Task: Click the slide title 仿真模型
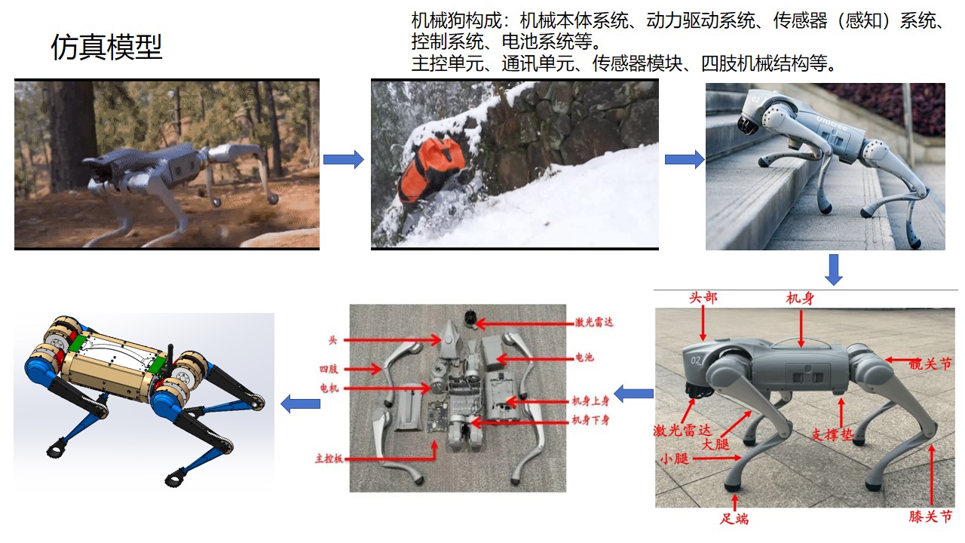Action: pyautogui.click(x=106, y=47)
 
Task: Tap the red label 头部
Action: pyautogui.click(x=703, y=298)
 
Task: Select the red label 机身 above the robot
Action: pyautogui.click(x=800, y=298)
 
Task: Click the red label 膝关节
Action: pyautogui.click(x=930, y=516)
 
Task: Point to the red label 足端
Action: pyautogui.click(x=734, y=518)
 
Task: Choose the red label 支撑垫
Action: pyautogui.click(x=832, y=434)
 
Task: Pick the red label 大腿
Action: pyautogui.click(x=715, y=444)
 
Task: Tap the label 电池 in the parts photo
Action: pyautogui.click(x=584, y=357)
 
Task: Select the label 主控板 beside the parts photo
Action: pyautogui.click(x=329, y=459)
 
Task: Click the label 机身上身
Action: pyautogui.click(x=590, y=401)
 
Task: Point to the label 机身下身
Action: pyautogui.click(x=590, y=420)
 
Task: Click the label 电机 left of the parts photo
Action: pyautogui.click(x=329, y=388)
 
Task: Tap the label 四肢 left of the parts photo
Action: pyautogui.click(x=329, y=369)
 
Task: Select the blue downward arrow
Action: pyautogui.click(x=834, y=270)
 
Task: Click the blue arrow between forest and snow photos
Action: pyautogui.click(x=343, y=159)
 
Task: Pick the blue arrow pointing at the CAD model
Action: pyautogui.click(x=300, y=403)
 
